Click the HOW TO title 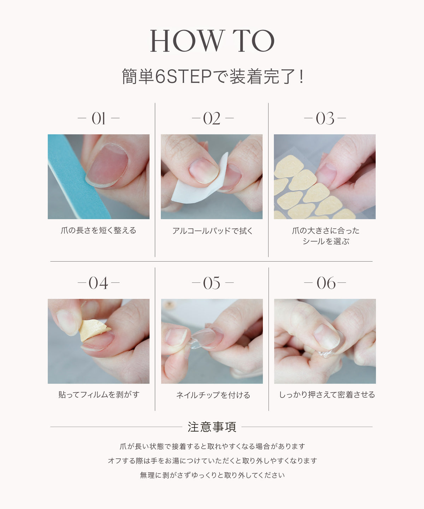tap(212, 41)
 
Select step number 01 tap(99, 118)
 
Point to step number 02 tap(212, 118)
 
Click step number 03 tap(325, 118)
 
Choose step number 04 tap(98, 283)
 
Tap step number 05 tap(212, 283)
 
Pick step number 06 tap(326, 283)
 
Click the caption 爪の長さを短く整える tap(99, 230)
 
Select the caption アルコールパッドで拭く tap(212, 230)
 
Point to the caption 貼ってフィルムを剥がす tap(99, 395)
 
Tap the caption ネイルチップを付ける tap(213, 395)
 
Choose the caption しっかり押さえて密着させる tap(327, 395)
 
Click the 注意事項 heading tap(212, 427)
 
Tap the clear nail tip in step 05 tap(202, 338)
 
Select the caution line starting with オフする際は tap(212, 461)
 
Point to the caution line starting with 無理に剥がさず tap(212, 475)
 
